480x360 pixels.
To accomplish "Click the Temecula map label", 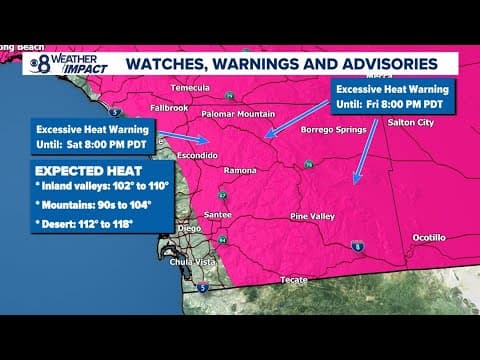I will point(190,87).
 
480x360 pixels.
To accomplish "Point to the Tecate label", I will point(294,279).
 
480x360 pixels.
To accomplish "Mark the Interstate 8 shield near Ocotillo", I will point(387,244).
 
